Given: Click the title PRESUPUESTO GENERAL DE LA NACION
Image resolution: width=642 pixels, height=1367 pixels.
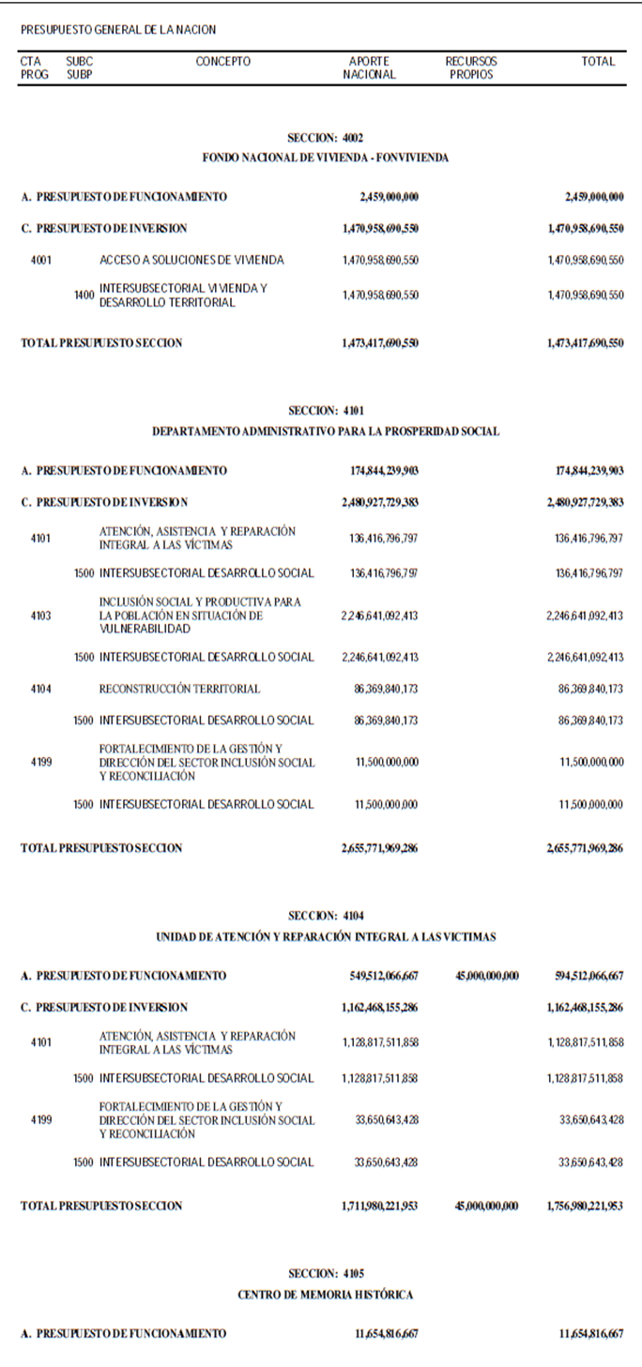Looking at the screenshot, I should pos(118,31).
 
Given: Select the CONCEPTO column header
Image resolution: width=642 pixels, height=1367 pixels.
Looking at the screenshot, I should pos(223,62).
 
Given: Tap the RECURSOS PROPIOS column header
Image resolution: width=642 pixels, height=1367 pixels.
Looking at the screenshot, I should pos(471,68).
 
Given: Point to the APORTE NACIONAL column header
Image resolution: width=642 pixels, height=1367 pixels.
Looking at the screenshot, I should pos(369,68).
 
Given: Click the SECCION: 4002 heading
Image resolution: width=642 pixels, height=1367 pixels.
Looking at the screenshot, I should pos(325,138).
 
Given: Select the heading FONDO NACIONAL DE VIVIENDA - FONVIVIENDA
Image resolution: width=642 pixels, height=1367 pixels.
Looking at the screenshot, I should pos(325,159).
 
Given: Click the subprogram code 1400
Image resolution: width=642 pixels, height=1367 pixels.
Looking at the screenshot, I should pos(84,296).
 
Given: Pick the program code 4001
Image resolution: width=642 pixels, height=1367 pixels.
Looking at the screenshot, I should pos(41,260).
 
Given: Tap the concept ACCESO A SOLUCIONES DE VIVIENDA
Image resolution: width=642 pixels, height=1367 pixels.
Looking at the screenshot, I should pos(191,260).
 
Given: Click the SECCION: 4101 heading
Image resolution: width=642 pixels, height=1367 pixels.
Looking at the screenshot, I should pos(325,411).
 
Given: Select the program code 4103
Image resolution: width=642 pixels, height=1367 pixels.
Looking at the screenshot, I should pos(41,616).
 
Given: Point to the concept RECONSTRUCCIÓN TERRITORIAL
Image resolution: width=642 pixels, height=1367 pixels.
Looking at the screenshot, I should pos(179,690).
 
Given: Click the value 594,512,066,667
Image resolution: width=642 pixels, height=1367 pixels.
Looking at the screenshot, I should pos(588,977).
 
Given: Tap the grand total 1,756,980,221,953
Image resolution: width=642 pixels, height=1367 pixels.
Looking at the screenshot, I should pos(584,1207).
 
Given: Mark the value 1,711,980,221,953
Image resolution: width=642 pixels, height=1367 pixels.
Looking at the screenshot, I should pos(380,1207).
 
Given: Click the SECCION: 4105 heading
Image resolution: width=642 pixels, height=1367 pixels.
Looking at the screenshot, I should pos(325,1274).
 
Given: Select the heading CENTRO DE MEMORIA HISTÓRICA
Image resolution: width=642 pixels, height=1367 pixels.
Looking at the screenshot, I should pos(325,1295).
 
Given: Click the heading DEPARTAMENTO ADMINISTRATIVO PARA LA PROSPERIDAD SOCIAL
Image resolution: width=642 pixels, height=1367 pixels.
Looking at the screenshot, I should pos(325,433).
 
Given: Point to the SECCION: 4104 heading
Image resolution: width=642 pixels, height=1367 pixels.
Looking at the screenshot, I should pos(325,916).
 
